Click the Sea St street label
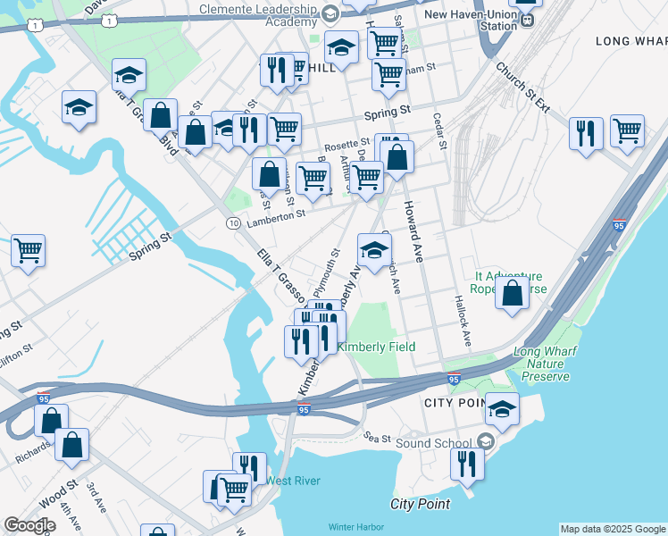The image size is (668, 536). coord(379,438)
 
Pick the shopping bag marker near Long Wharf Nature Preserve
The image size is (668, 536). coord(513,294)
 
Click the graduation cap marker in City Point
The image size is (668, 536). coord(502,409)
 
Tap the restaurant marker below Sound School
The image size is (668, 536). coord(466,464)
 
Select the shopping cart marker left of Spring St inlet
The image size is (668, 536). coord(28,250)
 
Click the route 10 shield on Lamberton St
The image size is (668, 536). coord(232,222)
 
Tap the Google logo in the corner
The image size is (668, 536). coord(29,525)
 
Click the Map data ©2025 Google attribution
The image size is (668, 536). coord(613,528)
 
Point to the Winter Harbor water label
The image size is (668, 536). coord(355,527)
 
